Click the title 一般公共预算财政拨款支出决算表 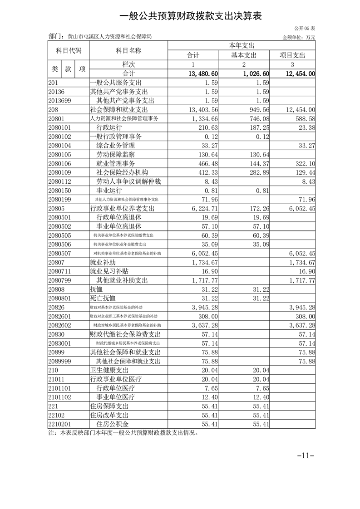(191, 16)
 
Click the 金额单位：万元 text (299, 37)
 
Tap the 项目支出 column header (293, 55)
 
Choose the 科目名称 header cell (128, 50)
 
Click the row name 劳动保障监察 (115, 155)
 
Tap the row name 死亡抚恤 (103, 298)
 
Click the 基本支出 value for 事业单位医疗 (260, 396)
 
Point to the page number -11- (306, 455)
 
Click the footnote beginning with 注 (123, 432)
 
